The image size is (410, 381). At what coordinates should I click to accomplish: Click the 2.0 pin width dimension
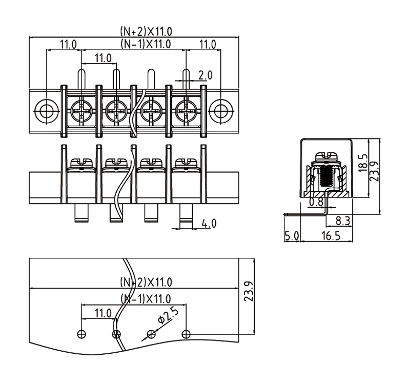pyautogui.click(x=205, y=75)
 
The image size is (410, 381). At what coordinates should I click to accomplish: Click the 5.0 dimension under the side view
pyautogui.click(x=291, y=236)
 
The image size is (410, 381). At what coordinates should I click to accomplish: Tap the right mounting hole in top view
pyautogui.click(x=221, y=110)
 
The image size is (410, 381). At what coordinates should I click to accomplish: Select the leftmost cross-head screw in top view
pyautogui.click(x=81, y=110)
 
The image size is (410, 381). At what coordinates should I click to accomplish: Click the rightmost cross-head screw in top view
pyautogui.click(x=186, y=110)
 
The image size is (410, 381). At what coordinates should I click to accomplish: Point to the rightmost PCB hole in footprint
pyautogui.click(x=186, y=334)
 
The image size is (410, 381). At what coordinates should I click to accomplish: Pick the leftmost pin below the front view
pyautogui.click(x=81, y=213)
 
